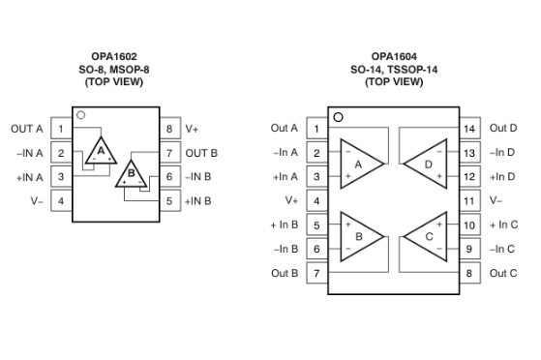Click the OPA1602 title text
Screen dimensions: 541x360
(114, 56)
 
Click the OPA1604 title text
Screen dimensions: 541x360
(394, 56)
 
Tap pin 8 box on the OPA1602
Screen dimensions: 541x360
(170, 129)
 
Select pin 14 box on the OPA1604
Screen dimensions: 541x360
(469, 129)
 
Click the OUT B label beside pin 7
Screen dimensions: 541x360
(201, 153)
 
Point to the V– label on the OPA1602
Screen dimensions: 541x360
(37, 201)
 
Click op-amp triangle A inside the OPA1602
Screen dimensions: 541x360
(101, 150)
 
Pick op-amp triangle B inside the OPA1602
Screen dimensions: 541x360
(131, 173)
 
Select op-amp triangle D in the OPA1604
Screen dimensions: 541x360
(426, 164)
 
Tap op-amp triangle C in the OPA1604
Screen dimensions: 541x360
(426, 237)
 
